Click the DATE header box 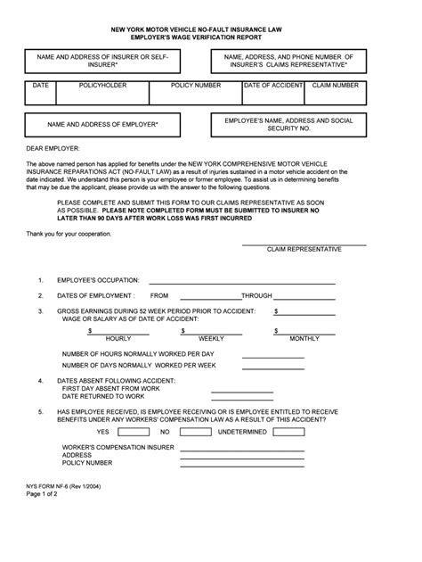pyautogui.click(x=41, y=93)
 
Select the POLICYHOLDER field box pyautogui.click(x=102, y=93)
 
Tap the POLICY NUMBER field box pyautogui.click(x=195, y=93)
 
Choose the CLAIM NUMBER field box pyautogui.click(x=336, y=93)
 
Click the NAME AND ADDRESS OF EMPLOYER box pyautogui.click(x=102, y=125)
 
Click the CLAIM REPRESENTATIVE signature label pyautogui.click(x=304, y=250)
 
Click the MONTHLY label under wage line pyautogui.click(x=304, y=339)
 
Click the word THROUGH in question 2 pyautogui.click(x=256, y=294)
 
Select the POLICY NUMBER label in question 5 pyautogui.click(x=87, y=463)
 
